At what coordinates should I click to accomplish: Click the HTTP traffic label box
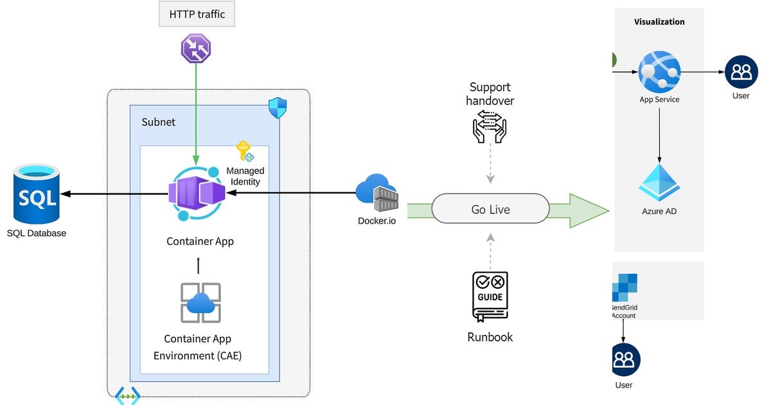(x=197, y=14)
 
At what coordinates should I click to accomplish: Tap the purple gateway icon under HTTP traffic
(x=196, y=49)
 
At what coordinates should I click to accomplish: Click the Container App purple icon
(x=199, y=193)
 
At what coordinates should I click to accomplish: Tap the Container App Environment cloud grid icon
(x=200, y=303)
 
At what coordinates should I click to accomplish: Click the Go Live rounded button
(x=490, y=210)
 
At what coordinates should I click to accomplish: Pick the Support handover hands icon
(x=490, y=125)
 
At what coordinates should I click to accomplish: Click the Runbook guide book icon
(x=490, y=296)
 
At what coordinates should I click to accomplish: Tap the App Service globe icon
(x=659, y=72)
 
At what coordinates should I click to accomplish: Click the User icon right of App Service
(x=741, y=72)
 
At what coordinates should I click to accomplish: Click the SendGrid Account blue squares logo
(x=624, y=287)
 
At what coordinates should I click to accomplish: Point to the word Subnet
(x=158, y=122)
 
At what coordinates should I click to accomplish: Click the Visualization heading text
(x=659, y=22)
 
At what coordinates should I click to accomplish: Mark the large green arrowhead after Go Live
(x=588, y=210)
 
